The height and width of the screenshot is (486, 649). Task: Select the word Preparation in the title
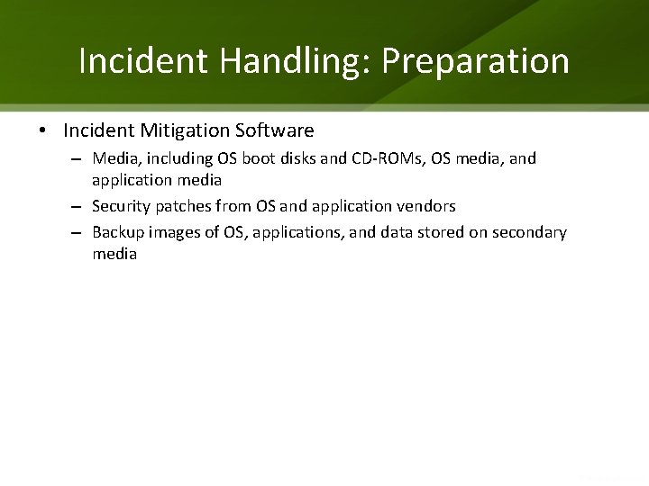coord(476,62)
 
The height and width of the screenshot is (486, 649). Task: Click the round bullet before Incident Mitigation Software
coord(42,131)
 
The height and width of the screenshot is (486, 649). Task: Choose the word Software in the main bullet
coord(274,131)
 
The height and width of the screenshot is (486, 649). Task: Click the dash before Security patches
coord(79,207)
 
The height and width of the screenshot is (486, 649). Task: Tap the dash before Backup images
coord(79,233)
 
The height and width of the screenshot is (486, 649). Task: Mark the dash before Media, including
coord(79,159)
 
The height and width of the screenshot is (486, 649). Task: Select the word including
coord(177,158)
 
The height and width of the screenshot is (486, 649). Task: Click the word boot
coord(258,158)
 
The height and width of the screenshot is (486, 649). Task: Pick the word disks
coord(297,158)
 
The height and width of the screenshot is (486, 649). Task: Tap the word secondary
coord(530,232)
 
